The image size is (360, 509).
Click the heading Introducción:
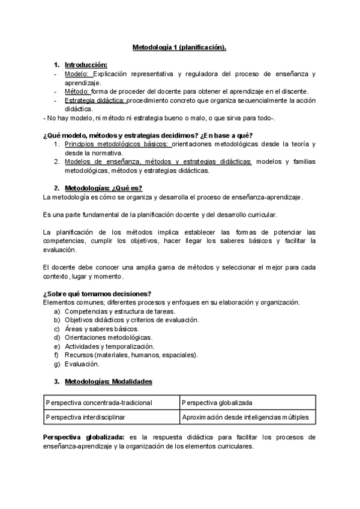(x=86, y=64)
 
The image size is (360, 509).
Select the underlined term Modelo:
(x=76, y=73)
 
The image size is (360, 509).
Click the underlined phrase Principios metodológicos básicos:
(x=118, y=144)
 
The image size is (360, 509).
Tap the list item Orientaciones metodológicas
(x=108, y=337)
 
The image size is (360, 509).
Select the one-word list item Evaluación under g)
(x=82, y=364)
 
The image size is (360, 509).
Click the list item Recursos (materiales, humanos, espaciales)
(x=131, y=355)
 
